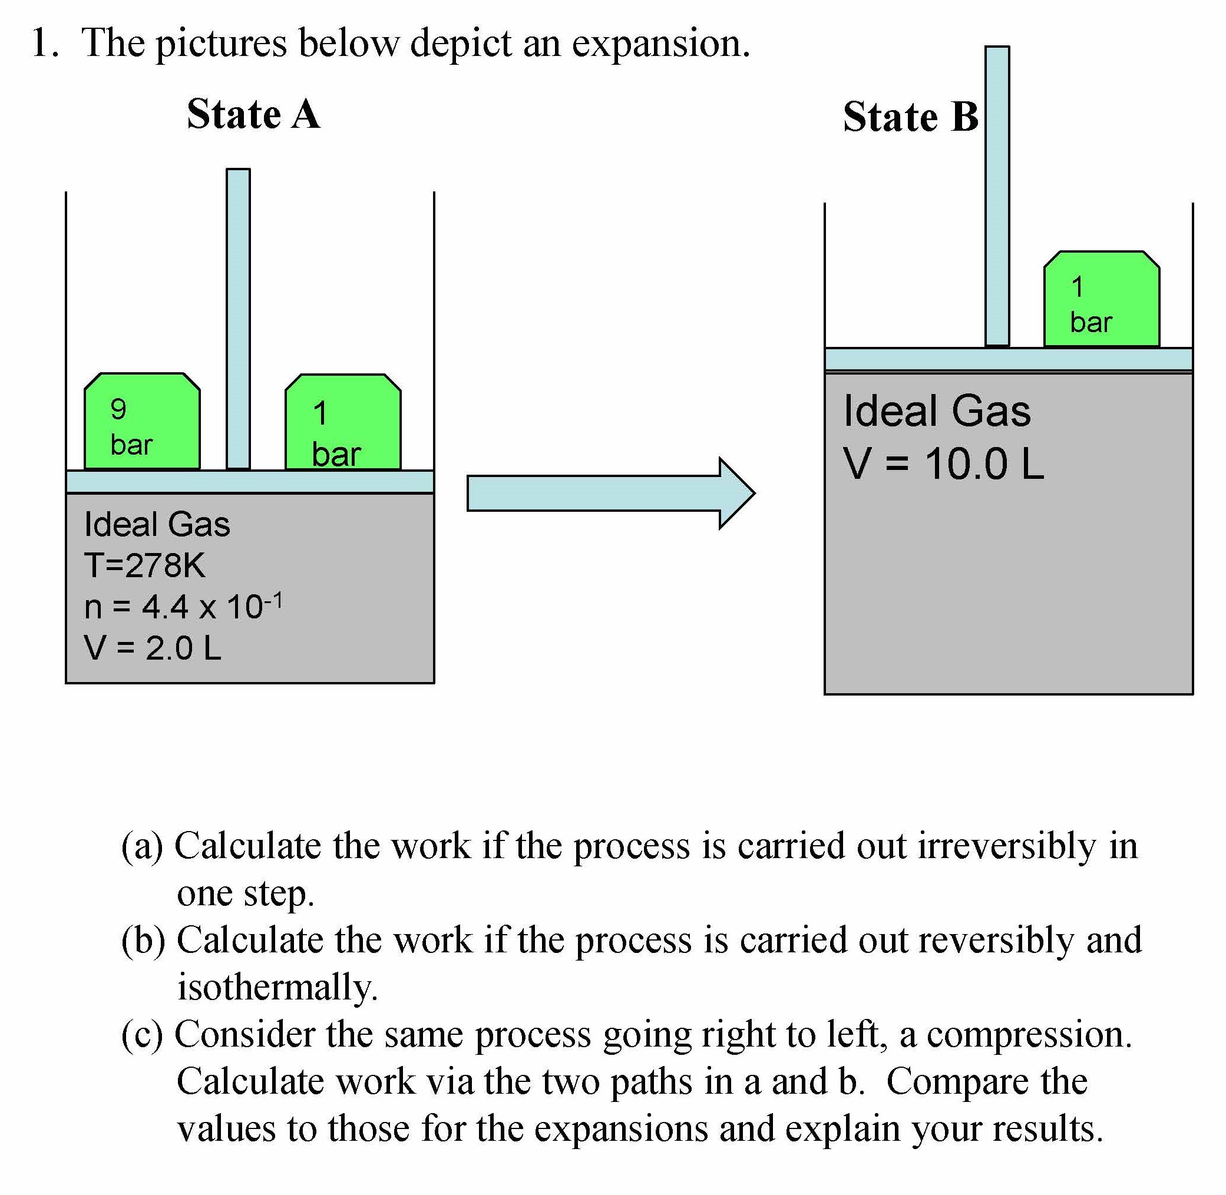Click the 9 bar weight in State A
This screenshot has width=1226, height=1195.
(x=142, y=422)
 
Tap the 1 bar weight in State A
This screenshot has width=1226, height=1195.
(x=343, y=422)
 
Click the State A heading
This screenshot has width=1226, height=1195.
(x=253, y=115)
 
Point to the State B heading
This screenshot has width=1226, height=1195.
(x=910, y=117)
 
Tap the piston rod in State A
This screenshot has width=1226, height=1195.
(x=238, y=318)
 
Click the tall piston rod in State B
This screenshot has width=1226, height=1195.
(x=997, y=196)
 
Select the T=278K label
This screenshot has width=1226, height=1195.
(x=144, y=565)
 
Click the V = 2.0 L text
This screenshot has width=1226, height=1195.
(x=153, y=648)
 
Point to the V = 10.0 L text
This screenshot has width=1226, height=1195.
(x=943, y=465)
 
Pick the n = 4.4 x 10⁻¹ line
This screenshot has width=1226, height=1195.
(x=183, y=606)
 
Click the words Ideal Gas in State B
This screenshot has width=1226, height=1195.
(x=937, y=412)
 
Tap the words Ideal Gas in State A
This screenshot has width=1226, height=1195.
(x=157, y=525)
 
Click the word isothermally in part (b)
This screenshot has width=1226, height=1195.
(x=277, y=987)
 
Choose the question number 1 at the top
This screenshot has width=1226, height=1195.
(x=44, y=44)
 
